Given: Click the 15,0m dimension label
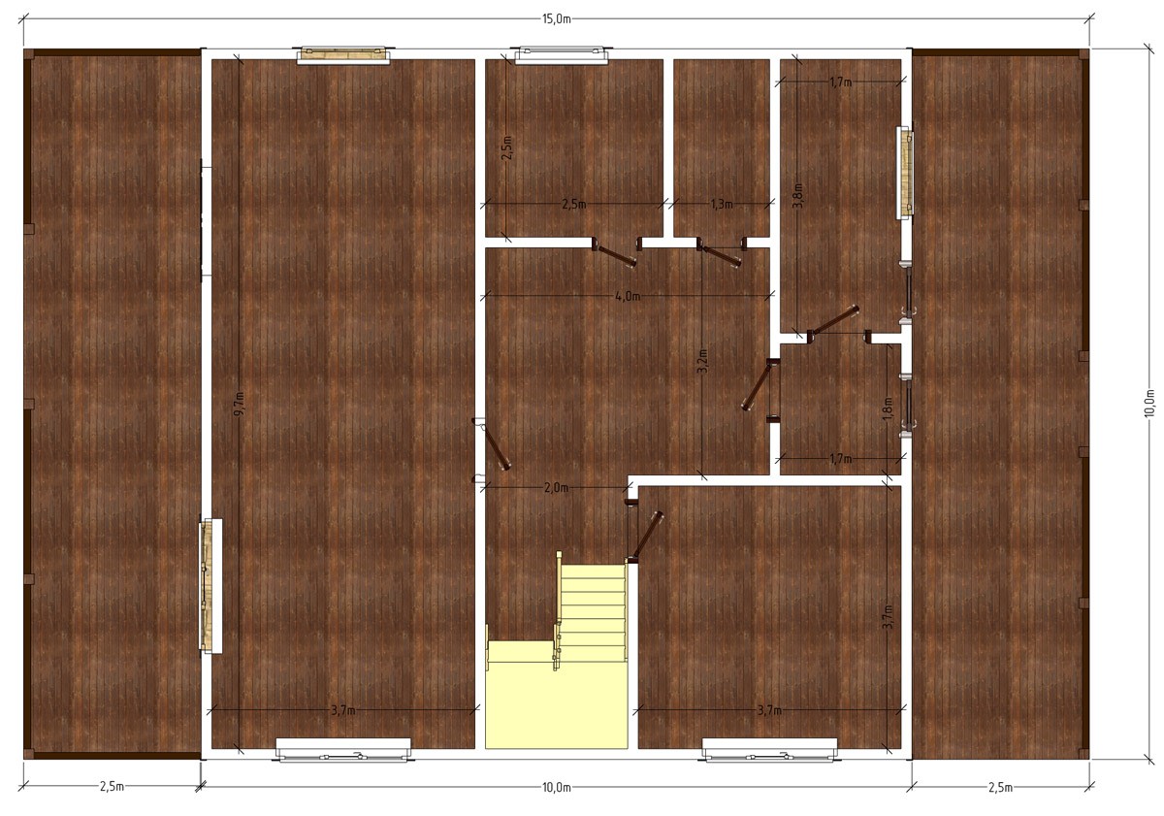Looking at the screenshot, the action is tap(557, 19).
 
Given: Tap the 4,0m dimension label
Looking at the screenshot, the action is tap(628, 296).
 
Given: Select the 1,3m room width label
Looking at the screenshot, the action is tap(722, 205).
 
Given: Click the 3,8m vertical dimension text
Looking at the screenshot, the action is tap(797, 196).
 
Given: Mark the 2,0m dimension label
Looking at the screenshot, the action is tap(556, 487).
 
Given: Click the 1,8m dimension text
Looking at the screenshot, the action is tap(888, 409).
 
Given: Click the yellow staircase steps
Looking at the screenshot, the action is tap(593, 613).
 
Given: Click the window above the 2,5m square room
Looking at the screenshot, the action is tap(562, 55).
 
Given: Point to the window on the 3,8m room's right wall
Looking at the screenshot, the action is tap(905, 173).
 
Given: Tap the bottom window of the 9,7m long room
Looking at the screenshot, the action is tap(343, 749).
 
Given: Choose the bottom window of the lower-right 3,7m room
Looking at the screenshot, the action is tap(769, 749).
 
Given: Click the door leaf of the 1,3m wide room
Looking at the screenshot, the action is tap(720, 257).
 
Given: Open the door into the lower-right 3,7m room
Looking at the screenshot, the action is tap(646, 536).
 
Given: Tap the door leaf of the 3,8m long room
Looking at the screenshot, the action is tap(833, 320).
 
